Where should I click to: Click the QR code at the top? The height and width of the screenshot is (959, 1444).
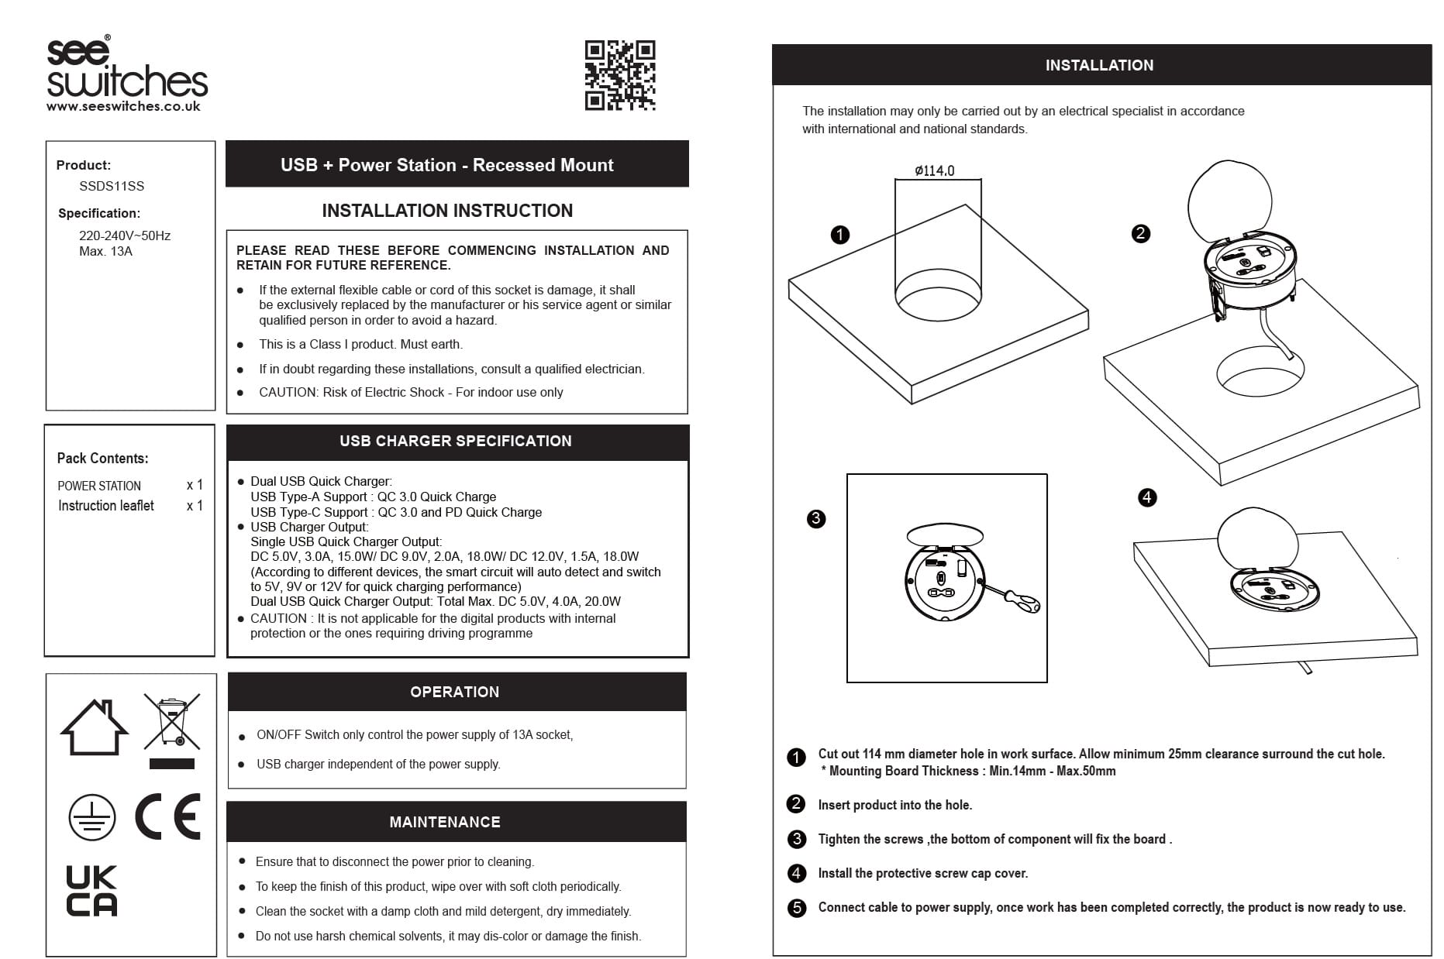click(619, 75)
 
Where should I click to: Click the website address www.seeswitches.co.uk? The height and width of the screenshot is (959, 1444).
click(123, 107)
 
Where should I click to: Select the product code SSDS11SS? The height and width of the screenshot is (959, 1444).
click(112, 186)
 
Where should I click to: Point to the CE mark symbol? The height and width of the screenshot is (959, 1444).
click(168, 816)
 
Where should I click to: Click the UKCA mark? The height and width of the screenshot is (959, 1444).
click(91, 891)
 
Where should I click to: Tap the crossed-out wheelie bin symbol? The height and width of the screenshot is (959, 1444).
click(171, 722)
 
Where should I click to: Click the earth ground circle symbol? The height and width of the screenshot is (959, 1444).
click(91, 818)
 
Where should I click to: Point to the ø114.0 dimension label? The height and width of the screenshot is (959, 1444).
click(934, 170)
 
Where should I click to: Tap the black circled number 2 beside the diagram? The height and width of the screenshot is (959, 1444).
click(1140, 234)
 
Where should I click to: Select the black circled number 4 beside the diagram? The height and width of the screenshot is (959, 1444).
click(1147, 497)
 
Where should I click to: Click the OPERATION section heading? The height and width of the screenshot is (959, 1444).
click(455, 692)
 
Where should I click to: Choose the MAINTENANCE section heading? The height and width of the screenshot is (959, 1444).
click(445, 822)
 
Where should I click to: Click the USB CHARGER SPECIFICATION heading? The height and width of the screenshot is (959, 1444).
click(456, 442)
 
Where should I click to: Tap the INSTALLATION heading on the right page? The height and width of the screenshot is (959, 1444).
click(1099, 66)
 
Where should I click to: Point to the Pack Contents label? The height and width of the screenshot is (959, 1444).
click(102, 458)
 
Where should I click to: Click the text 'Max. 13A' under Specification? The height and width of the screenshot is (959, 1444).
click(105, 252)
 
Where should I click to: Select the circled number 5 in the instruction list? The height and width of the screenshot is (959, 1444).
click(797, 908)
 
